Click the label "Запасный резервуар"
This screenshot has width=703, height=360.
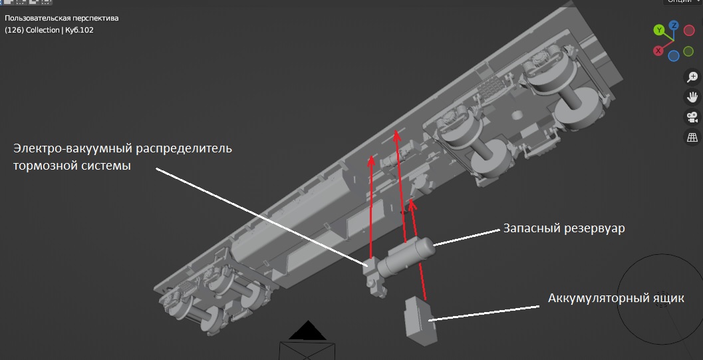pyautogui.click(x=564, y=228)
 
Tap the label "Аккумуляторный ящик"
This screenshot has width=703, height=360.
pyautogui.click(x=616, y=298)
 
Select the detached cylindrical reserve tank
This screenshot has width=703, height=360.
pyautogui.click(x=406, y=256)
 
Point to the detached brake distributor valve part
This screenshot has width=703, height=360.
pyautogui.click(x=375, y=278)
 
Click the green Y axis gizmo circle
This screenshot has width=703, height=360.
pyautogui.click(x=658, y=30)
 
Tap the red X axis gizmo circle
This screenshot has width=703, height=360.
pyautogui.click(x=658, y=51)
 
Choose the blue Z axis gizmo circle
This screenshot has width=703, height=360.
pyautogui.click(x=674, y=25)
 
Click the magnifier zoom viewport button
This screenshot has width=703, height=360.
pyautogui.click(x=692, y=77)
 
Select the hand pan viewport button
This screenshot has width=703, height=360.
pyautogui.click(x=692, y=97)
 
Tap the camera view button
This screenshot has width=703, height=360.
pyautogui.click(x=692, y=117)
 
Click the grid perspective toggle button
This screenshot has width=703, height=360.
pyautogui.click(x=692, y=137)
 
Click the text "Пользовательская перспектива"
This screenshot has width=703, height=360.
pyautogui.click(x=61, y=19)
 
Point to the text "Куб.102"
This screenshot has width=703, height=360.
pyautogui.click(x=79, y=30)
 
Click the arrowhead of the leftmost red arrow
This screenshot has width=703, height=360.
pyautogui.click(x=371, y=160)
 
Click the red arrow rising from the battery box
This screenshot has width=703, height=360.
pyautogui.click(x=418, y=250)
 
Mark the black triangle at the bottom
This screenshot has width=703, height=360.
pyautogui.click(x=307, y=331)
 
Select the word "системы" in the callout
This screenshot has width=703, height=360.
pyautogui.click(x=100, y=166)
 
